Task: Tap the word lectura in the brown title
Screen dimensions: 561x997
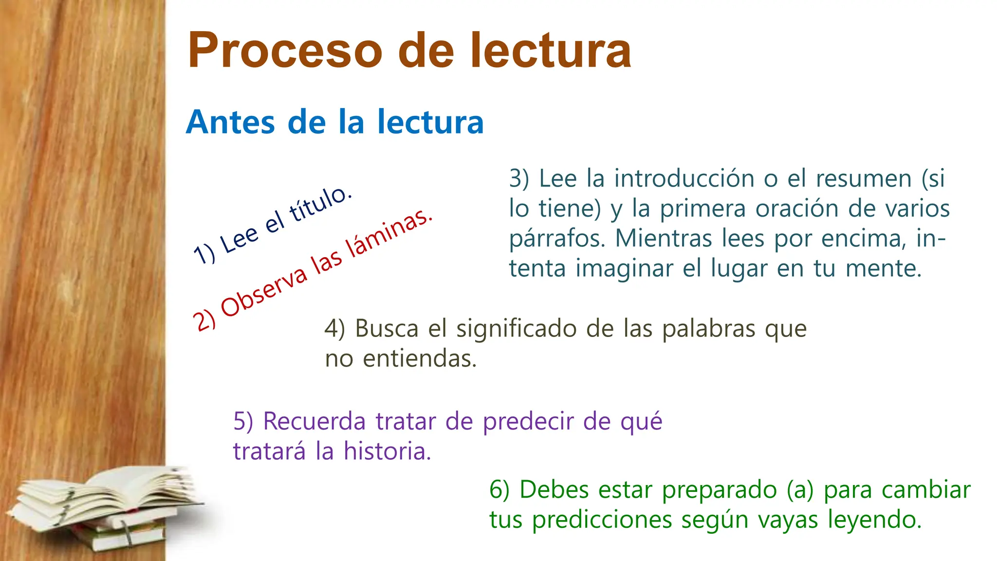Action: pyautogui.click(x=550, y=50)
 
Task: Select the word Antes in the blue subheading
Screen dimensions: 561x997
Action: pyautogui.click(x=230, y=122)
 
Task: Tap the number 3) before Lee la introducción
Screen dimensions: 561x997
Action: pyautogui.click(x=519, y=178)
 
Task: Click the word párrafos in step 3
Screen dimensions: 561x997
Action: pyautogui.click(x=557, y=239)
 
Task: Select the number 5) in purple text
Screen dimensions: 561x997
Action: pyautogui.click(x=243, y=421)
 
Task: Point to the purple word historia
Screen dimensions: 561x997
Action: pyautogui.click(x=387, y=451)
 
